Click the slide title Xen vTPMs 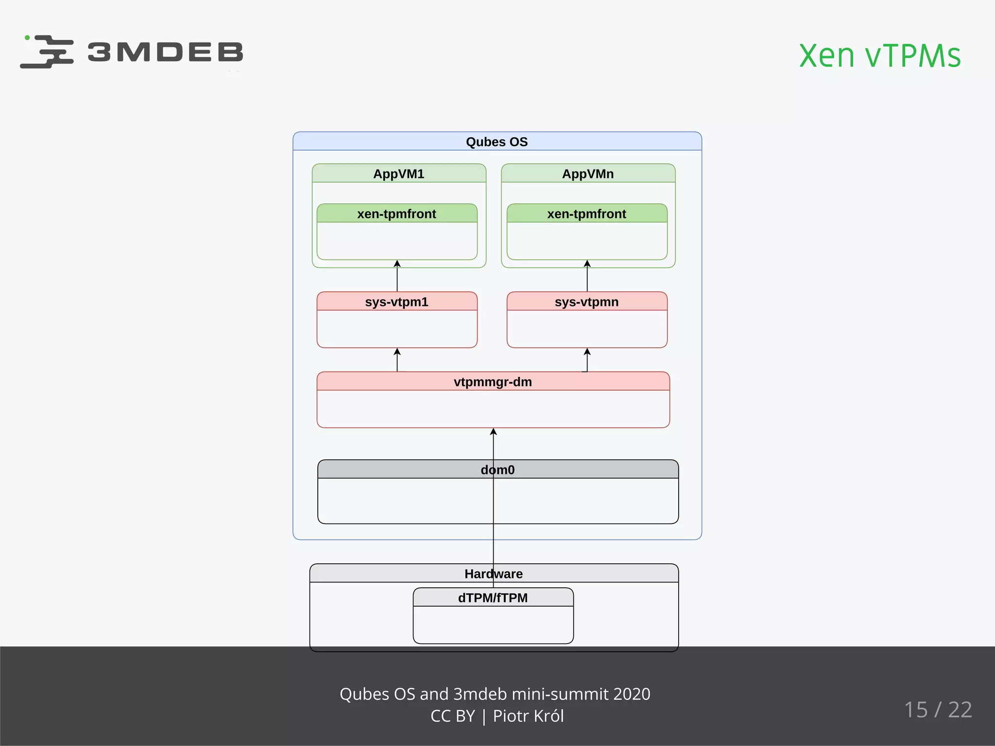click(879, 56)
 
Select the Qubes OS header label click(497, 142)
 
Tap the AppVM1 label click(398, 174)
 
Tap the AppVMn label click(587, 174)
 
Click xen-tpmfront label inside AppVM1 click(396, 214)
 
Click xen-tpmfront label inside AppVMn click(586, 214)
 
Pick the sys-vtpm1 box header click(396, 302)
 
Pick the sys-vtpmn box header click(586, 302)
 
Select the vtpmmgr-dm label click(493, 382)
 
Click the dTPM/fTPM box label click(493, 598)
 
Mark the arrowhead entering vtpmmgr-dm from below click(493, 432)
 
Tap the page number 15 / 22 click(938, 710)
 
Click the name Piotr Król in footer click(528, 716)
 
